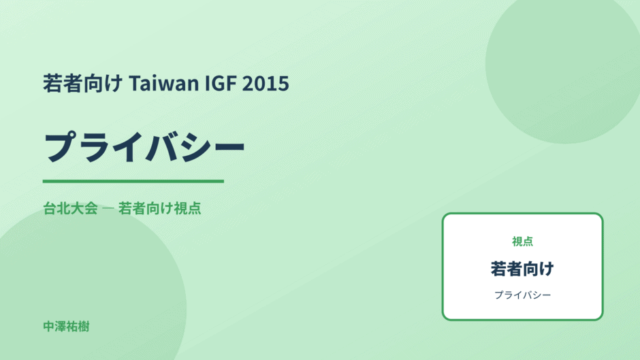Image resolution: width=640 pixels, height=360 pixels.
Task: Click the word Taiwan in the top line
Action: pyautogui.click(x=163, y=83)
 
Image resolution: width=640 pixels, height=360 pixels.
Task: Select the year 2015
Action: pyautogui.click(x=266, y=83)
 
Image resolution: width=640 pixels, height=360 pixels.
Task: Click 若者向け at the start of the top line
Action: pyautogui.click(x=83, y=83)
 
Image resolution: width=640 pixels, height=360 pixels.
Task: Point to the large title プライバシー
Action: pyautogui.click(x=144, y=146)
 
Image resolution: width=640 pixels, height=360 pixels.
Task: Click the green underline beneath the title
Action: pyautogui.click(x=133, y=181)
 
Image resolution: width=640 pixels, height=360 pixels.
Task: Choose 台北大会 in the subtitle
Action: pyautogui.click(x=70, y=208)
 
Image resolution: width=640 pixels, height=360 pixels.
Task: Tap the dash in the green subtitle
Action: pyautogui.click(x=108, y=208)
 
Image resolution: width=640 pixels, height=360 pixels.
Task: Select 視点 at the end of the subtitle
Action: pyautogui.click(x=187, y=208)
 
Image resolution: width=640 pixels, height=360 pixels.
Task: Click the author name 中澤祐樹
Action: pyautogui.click(x=66, y=327)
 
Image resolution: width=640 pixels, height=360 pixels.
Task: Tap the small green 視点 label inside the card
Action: pyautogui.click(x=522, y=241)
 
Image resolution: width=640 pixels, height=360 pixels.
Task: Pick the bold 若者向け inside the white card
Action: pyautogui.click(x=522, y=269)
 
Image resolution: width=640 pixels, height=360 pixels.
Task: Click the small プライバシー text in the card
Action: pyautogui.click(x=522, y=295)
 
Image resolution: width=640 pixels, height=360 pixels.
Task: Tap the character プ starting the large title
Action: pyautogui.click(x=61, y=146)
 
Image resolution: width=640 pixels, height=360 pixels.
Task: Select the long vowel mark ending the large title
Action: pyautogui.click(x=229, y=147)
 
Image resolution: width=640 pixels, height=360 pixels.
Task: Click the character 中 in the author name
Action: pyautogui.click(x=49, y=327)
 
